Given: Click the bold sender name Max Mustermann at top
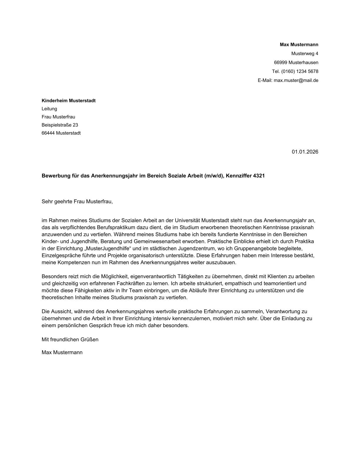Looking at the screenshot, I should pos(299,45).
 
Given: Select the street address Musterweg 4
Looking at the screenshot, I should pos(304,54).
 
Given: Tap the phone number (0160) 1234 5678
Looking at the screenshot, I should pos(299,71).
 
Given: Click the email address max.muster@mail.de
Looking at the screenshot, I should pos(296,80).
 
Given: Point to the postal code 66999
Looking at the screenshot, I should pos(280,62).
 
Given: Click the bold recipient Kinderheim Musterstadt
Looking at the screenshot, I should pos(69,101).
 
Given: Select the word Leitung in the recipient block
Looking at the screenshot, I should pos(49,109).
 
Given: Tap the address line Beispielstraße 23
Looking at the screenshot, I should pos(60,125).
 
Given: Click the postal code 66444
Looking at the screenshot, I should pos(48,133).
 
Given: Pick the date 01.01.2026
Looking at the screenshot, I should pos(305,152).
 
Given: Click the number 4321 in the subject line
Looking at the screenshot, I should pos(259,176).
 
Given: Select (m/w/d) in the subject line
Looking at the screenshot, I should pos(214,176).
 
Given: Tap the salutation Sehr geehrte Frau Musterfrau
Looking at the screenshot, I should pos(77,202).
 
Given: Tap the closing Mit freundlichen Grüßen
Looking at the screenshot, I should pos(70,339).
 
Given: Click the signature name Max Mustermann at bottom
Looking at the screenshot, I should pos(62,352).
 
